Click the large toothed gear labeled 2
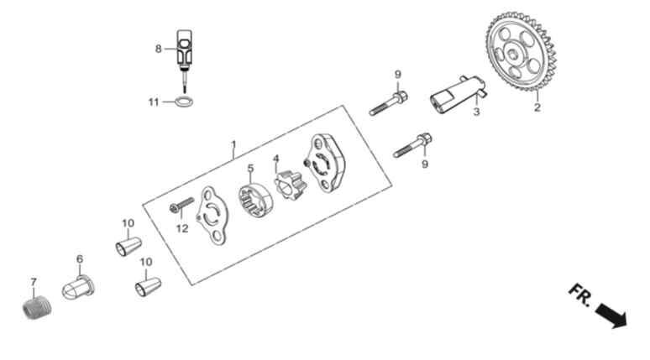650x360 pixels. coord(521,51)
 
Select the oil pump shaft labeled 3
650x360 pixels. coord(458,95)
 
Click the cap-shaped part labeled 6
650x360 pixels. coord(78,286)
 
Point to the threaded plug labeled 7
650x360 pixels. coord(36,308)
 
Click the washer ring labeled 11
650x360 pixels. coord(185,101)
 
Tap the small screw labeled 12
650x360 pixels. coord(182,205)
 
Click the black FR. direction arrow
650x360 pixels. coord(612,315)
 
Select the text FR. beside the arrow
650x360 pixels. coord(580,295)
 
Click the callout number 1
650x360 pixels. coord(233,144)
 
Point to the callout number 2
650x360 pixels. coord(537,107)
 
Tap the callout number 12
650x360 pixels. coord(182,228)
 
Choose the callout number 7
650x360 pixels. coord(34,282)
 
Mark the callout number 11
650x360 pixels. coord(154,102)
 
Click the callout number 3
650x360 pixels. coord(477,112)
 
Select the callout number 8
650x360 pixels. coord(159,49)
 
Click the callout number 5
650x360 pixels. coord(250,168)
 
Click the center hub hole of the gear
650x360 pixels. coord(513,53)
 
